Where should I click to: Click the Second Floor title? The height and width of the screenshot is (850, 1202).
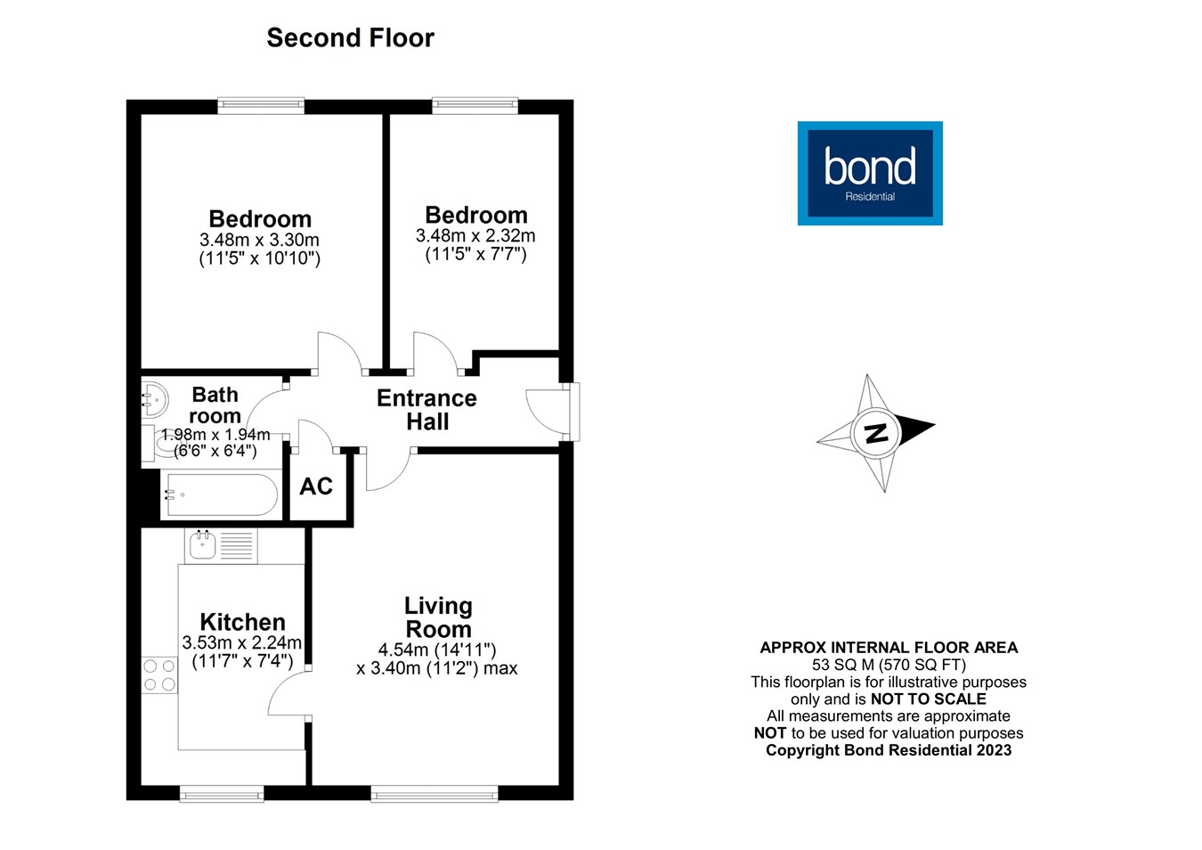tap(350, 38)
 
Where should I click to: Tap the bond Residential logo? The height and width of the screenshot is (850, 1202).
tap(869, 173)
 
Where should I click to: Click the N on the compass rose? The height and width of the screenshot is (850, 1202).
tap(877, 433)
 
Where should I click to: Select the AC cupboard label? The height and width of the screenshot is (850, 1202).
tap(316, 486)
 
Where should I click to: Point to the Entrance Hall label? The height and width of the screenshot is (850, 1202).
tap(426, 410)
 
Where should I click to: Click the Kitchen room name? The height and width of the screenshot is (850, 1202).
tap(242, 622)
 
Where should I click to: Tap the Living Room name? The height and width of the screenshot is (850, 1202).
tap(438, 617)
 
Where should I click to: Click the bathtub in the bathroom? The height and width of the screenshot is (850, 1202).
tap(220, 494)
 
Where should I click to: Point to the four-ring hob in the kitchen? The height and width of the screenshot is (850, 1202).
tap(159, 674)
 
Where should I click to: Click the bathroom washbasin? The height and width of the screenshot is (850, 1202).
tap(154, 399)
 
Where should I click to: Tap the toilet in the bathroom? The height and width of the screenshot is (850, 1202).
tap(160, 441)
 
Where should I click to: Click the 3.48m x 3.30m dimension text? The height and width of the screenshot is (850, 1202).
tap(259, 241)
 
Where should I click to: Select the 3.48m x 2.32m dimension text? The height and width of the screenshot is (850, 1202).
tap(475, 236)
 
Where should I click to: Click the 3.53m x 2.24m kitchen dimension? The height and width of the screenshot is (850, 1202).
tap(242, 643)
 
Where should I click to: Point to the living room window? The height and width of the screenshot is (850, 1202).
tap(434, 793)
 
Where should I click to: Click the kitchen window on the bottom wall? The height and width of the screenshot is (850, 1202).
tap(221, 793)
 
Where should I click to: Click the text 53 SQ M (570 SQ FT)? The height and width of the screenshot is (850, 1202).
tap(889, 665)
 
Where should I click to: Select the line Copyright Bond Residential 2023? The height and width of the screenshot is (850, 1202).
tap(889, 750)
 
